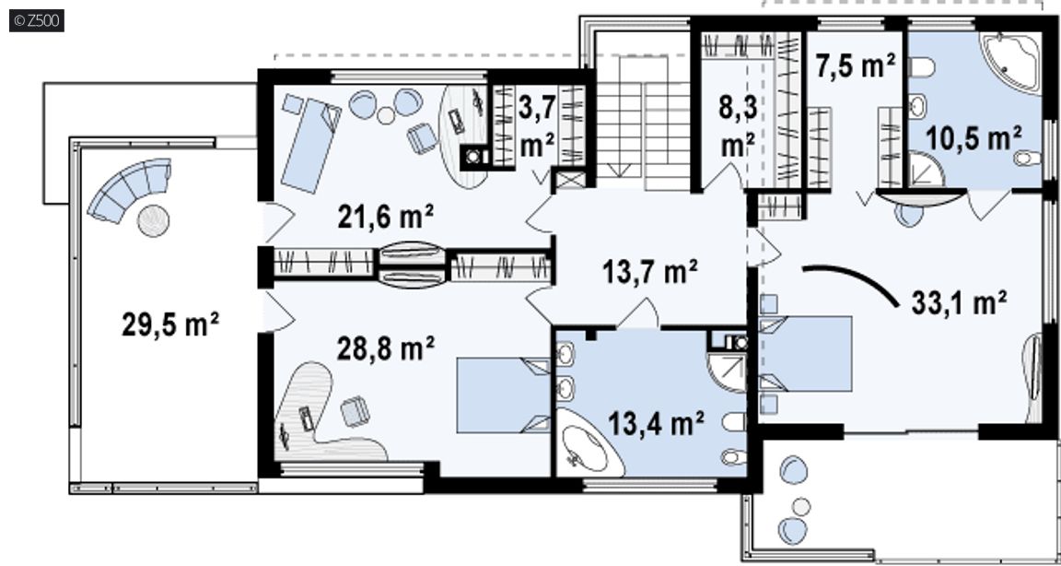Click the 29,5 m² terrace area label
pos(169,324)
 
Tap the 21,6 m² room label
pos(385,217)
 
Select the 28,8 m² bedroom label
pos(385,348)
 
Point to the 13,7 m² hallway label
pos(649,272)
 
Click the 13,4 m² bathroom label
pos(656,424)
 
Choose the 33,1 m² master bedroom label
pos(959,302)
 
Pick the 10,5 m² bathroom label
pos(973,139)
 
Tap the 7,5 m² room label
pos(855,66)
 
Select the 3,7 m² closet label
pos(537,126)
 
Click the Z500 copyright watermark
pos(37,20)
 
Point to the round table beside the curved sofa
pos(154,220)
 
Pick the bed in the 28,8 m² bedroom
pos(504,395)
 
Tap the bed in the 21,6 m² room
pos(310,145)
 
